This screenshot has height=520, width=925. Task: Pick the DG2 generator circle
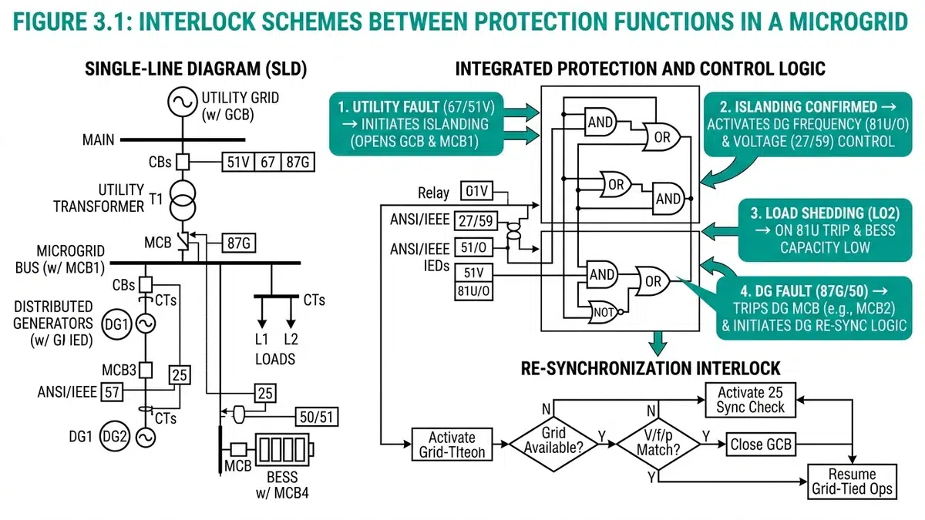point(113,436)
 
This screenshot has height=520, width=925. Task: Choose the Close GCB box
point(759,445)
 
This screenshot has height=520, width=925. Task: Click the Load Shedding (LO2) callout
point(821,230)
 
